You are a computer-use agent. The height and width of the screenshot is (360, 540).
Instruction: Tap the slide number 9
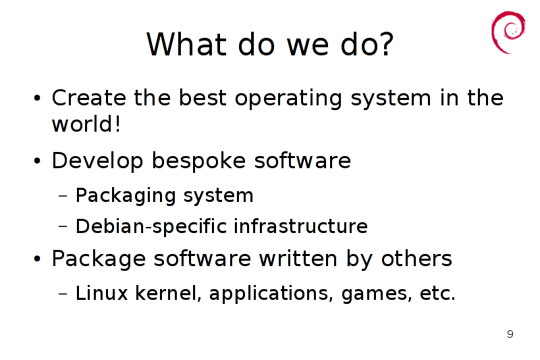[510, 334]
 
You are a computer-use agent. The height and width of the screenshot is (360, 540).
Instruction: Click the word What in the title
[186, 44]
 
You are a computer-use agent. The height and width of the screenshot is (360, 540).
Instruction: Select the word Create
[89, 97]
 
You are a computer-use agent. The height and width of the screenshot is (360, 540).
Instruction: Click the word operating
[288, 99]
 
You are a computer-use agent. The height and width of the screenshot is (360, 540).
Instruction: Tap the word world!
[86, 124]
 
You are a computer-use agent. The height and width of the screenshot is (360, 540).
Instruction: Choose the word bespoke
[198, 161]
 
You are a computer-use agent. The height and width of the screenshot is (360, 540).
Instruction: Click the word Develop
[97, 161]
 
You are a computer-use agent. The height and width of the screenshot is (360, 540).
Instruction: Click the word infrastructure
[300, 226]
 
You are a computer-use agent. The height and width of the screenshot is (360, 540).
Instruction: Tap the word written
[298, 259]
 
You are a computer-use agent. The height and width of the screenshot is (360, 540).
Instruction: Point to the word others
[416, 259]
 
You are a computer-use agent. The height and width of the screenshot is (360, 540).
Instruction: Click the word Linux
[102, 293]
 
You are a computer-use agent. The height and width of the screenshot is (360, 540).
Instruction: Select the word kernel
[167, 293]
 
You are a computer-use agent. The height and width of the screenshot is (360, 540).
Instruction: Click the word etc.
[437, 294]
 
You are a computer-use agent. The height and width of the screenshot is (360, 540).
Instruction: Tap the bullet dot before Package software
[37, 259]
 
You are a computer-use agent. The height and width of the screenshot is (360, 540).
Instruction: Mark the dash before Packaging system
[63, 197]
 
